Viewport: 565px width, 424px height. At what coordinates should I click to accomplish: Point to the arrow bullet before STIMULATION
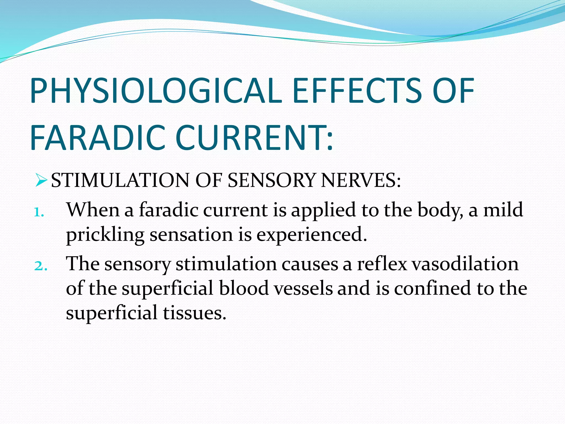[x=41, y=181]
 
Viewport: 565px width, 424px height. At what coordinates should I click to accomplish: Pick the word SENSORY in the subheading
[x=271, y=181]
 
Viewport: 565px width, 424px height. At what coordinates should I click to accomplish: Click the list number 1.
[x=39, y=213]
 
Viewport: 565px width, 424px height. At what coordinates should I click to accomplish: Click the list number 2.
[x=40, y=266]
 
